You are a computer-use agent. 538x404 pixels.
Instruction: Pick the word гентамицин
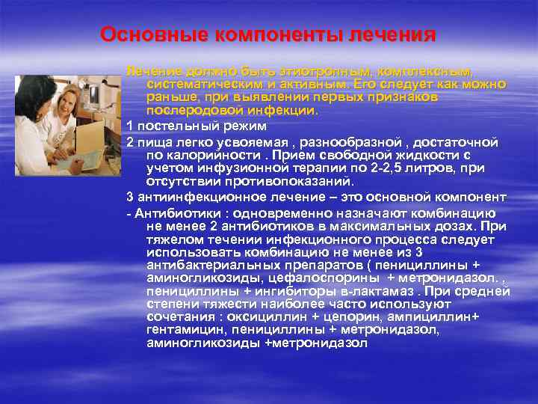[x=186, y=330]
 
